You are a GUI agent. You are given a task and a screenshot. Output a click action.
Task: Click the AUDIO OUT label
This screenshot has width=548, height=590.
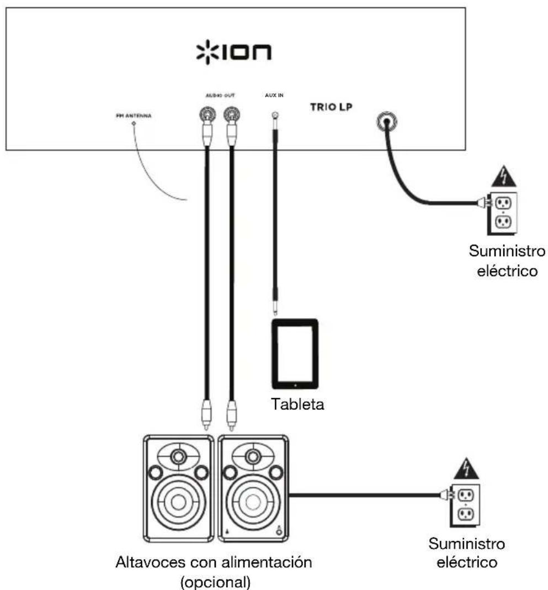pos(220,96)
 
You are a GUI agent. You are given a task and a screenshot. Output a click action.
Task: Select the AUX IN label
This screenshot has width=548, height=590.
pos(274,96)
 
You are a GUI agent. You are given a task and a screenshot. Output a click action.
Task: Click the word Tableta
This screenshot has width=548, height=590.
pos(297,404)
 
